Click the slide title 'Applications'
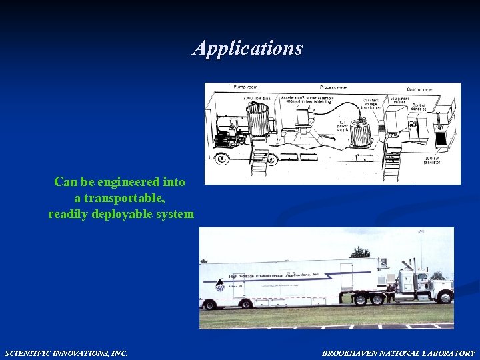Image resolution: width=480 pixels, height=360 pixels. tap(247, 48)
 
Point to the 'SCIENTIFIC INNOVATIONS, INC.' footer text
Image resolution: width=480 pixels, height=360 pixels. tap(66, 353)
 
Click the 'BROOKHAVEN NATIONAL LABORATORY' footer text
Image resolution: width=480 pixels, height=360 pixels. tap(399, 353)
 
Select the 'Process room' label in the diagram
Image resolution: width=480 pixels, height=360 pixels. tap(333, 87)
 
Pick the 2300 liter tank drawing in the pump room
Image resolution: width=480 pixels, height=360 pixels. tap(257, 121)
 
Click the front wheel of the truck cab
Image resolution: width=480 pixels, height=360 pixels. tap(445, 297)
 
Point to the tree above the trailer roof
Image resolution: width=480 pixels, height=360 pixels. tap(360, 253)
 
